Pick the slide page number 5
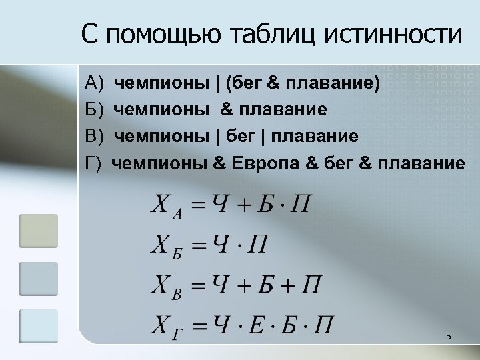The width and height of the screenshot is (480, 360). (x=449, y=337)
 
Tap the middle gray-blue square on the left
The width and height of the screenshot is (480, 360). (x=38, y=279)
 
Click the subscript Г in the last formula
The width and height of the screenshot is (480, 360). (x=176, y=333)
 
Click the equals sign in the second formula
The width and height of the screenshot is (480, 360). (x=198, y=245)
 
